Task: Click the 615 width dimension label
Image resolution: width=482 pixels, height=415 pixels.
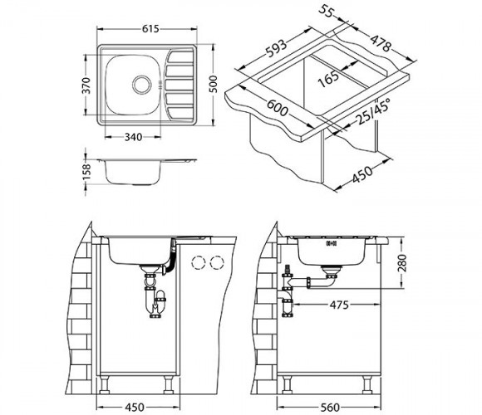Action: point(150,28)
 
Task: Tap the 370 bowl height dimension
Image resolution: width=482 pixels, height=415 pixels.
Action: point(87,85)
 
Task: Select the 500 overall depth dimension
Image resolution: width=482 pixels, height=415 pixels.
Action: point(213,84)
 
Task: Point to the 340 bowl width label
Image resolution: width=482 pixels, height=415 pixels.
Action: point(133,137)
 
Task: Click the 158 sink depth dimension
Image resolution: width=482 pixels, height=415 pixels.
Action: point(87,172)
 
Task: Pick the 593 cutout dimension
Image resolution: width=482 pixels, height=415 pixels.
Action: point(276,48)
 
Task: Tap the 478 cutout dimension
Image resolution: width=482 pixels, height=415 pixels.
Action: point(381,44)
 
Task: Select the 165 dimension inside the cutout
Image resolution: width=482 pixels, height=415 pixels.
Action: point(328,79)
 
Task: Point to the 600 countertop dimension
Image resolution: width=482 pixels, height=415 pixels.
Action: point(278,107)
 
